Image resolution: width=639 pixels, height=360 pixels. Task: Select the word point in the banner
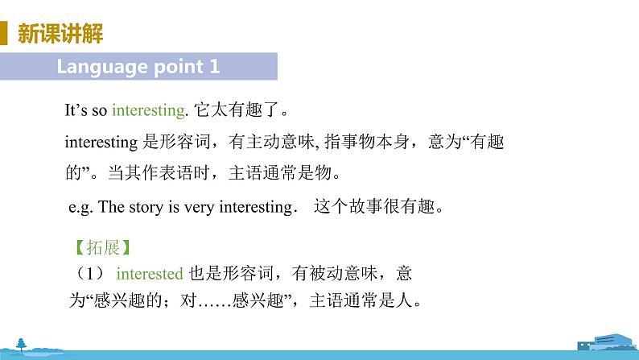[x=173, y=67]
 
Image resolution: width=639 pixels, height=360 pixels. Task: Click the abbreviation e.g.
[x=82, y=206]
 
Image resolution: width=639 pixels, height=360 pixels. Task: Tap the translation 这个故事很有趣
[x=378, y=206]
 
